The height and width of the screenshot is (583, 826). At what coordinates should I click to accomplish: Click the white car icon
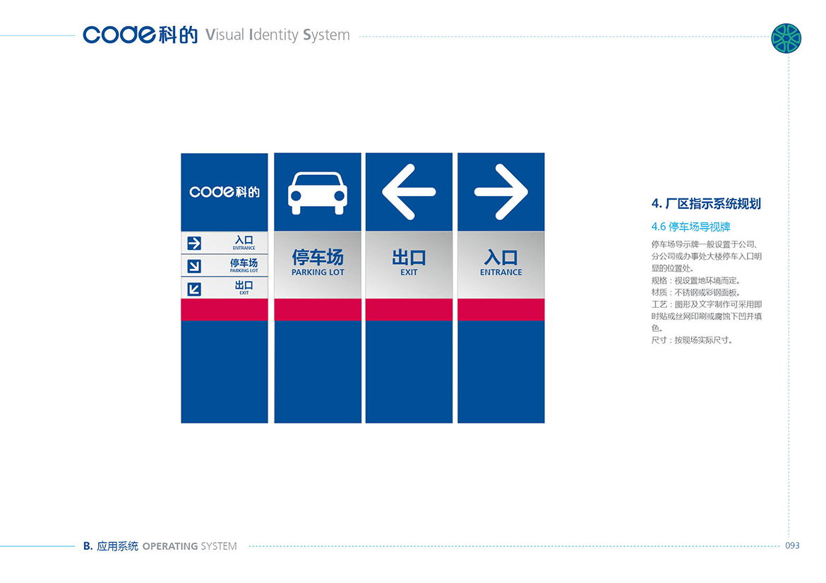[318, 193]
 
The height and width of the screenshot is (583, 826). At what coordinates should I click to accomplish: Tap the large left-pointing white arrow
[409, 192]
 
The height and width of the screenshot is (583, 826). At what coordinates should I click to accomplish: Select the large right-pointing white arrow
[501, 192]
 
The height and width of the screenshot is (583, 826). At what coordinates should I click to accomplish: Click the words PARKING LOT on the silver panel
[318, 272]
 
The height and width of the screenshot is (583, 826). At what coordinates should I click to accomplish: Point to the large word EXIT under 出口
[409, 272]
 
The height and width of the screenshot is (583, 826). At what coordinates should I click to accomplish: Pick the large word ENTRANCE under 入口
[501, 272]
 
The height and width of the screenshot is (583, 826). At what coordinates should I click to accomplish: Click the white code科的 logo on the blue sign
[225, 192]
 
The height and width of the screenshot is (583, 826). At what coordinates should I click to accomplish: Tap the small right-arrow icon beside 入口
[194, 244]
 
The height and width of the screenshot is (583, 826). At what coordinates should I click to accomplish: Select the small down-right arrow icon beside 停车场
[194, 266]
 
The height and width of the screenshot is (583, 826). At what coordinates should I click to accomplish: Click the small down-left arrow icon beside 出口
[194, 289]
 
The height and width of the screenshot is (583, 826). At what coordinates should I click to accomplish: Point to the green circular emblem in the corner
[786, 38]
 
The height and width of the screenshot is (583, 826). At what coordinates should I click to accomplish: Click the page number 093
[792, 546]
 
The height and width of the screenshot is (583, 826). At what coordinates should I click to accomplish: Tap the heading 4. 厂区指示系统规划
[706, 204]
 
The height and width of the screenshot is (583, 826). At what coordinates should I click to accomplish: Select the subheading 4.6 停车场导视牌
[690, 227]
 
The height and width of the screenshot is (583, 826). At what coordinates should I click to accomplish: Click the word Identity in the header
[274, 35]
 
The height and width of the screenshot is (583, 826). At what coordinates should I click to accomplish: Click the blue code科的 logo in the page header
[140, 35]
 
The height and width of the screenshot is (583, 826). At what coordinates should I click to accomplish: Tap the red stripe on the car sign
[318, 310]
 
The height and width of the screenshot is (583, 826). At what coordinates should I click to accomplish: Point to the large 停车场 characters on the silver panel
[318, 257]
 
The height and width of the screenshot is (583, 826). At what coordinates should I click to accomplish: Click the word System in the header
[326, 35]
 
